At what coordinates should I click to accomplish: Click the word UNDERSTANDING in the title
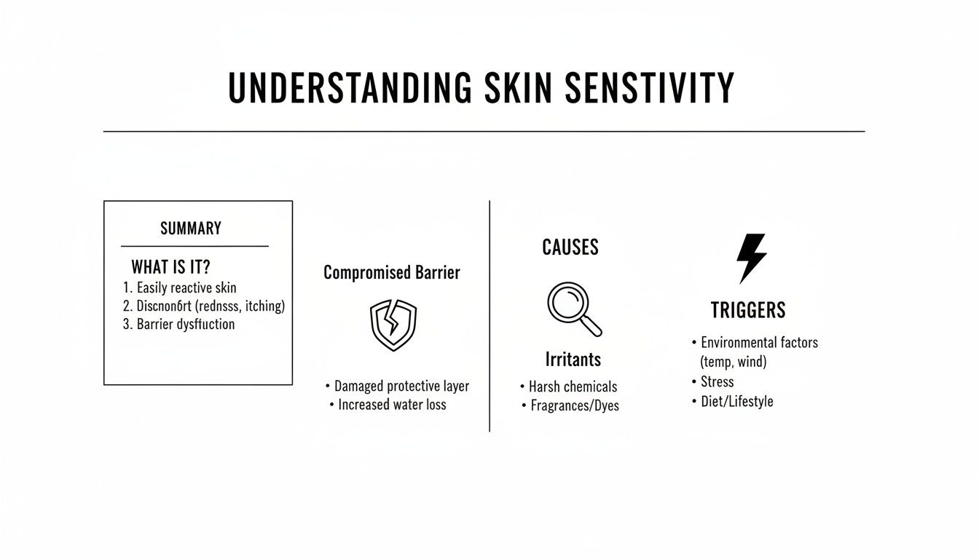tap(350, 88)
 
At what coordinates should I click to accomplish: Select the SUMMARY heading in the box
tap(191, 229)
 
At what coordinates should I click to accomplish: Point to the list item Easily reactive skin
tap(186, 288)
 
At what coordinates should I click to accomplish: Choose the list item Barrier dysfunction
tap(186, 324)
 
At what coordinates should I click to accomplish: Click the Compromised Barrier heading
tap(392, 273)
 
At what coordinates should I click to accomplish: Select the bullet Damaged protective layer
tap(401, 386)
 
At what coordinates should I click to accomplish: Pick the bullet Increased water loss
tap(392, 405)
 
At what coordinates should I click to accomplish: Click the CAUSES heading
tap(570, 247)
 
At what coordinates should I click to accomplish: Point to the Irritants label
tap(573, 360)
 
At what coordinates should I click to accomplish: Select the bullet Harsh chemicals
tap(573, 386)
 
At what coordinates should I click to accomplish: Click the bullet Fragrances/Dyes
tap(574, 405)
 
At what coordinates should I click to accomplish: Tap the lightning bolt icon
tap(751, 258)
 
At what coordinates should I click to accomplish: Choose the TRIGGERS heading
tap(748, 311)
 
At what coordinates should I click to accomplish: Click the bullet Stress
tap(717, 381)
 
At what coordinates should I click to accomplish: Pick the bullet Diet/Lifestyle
tap(736, 401)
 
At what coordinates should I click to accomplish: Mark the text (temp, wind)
tap(734, 361)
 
